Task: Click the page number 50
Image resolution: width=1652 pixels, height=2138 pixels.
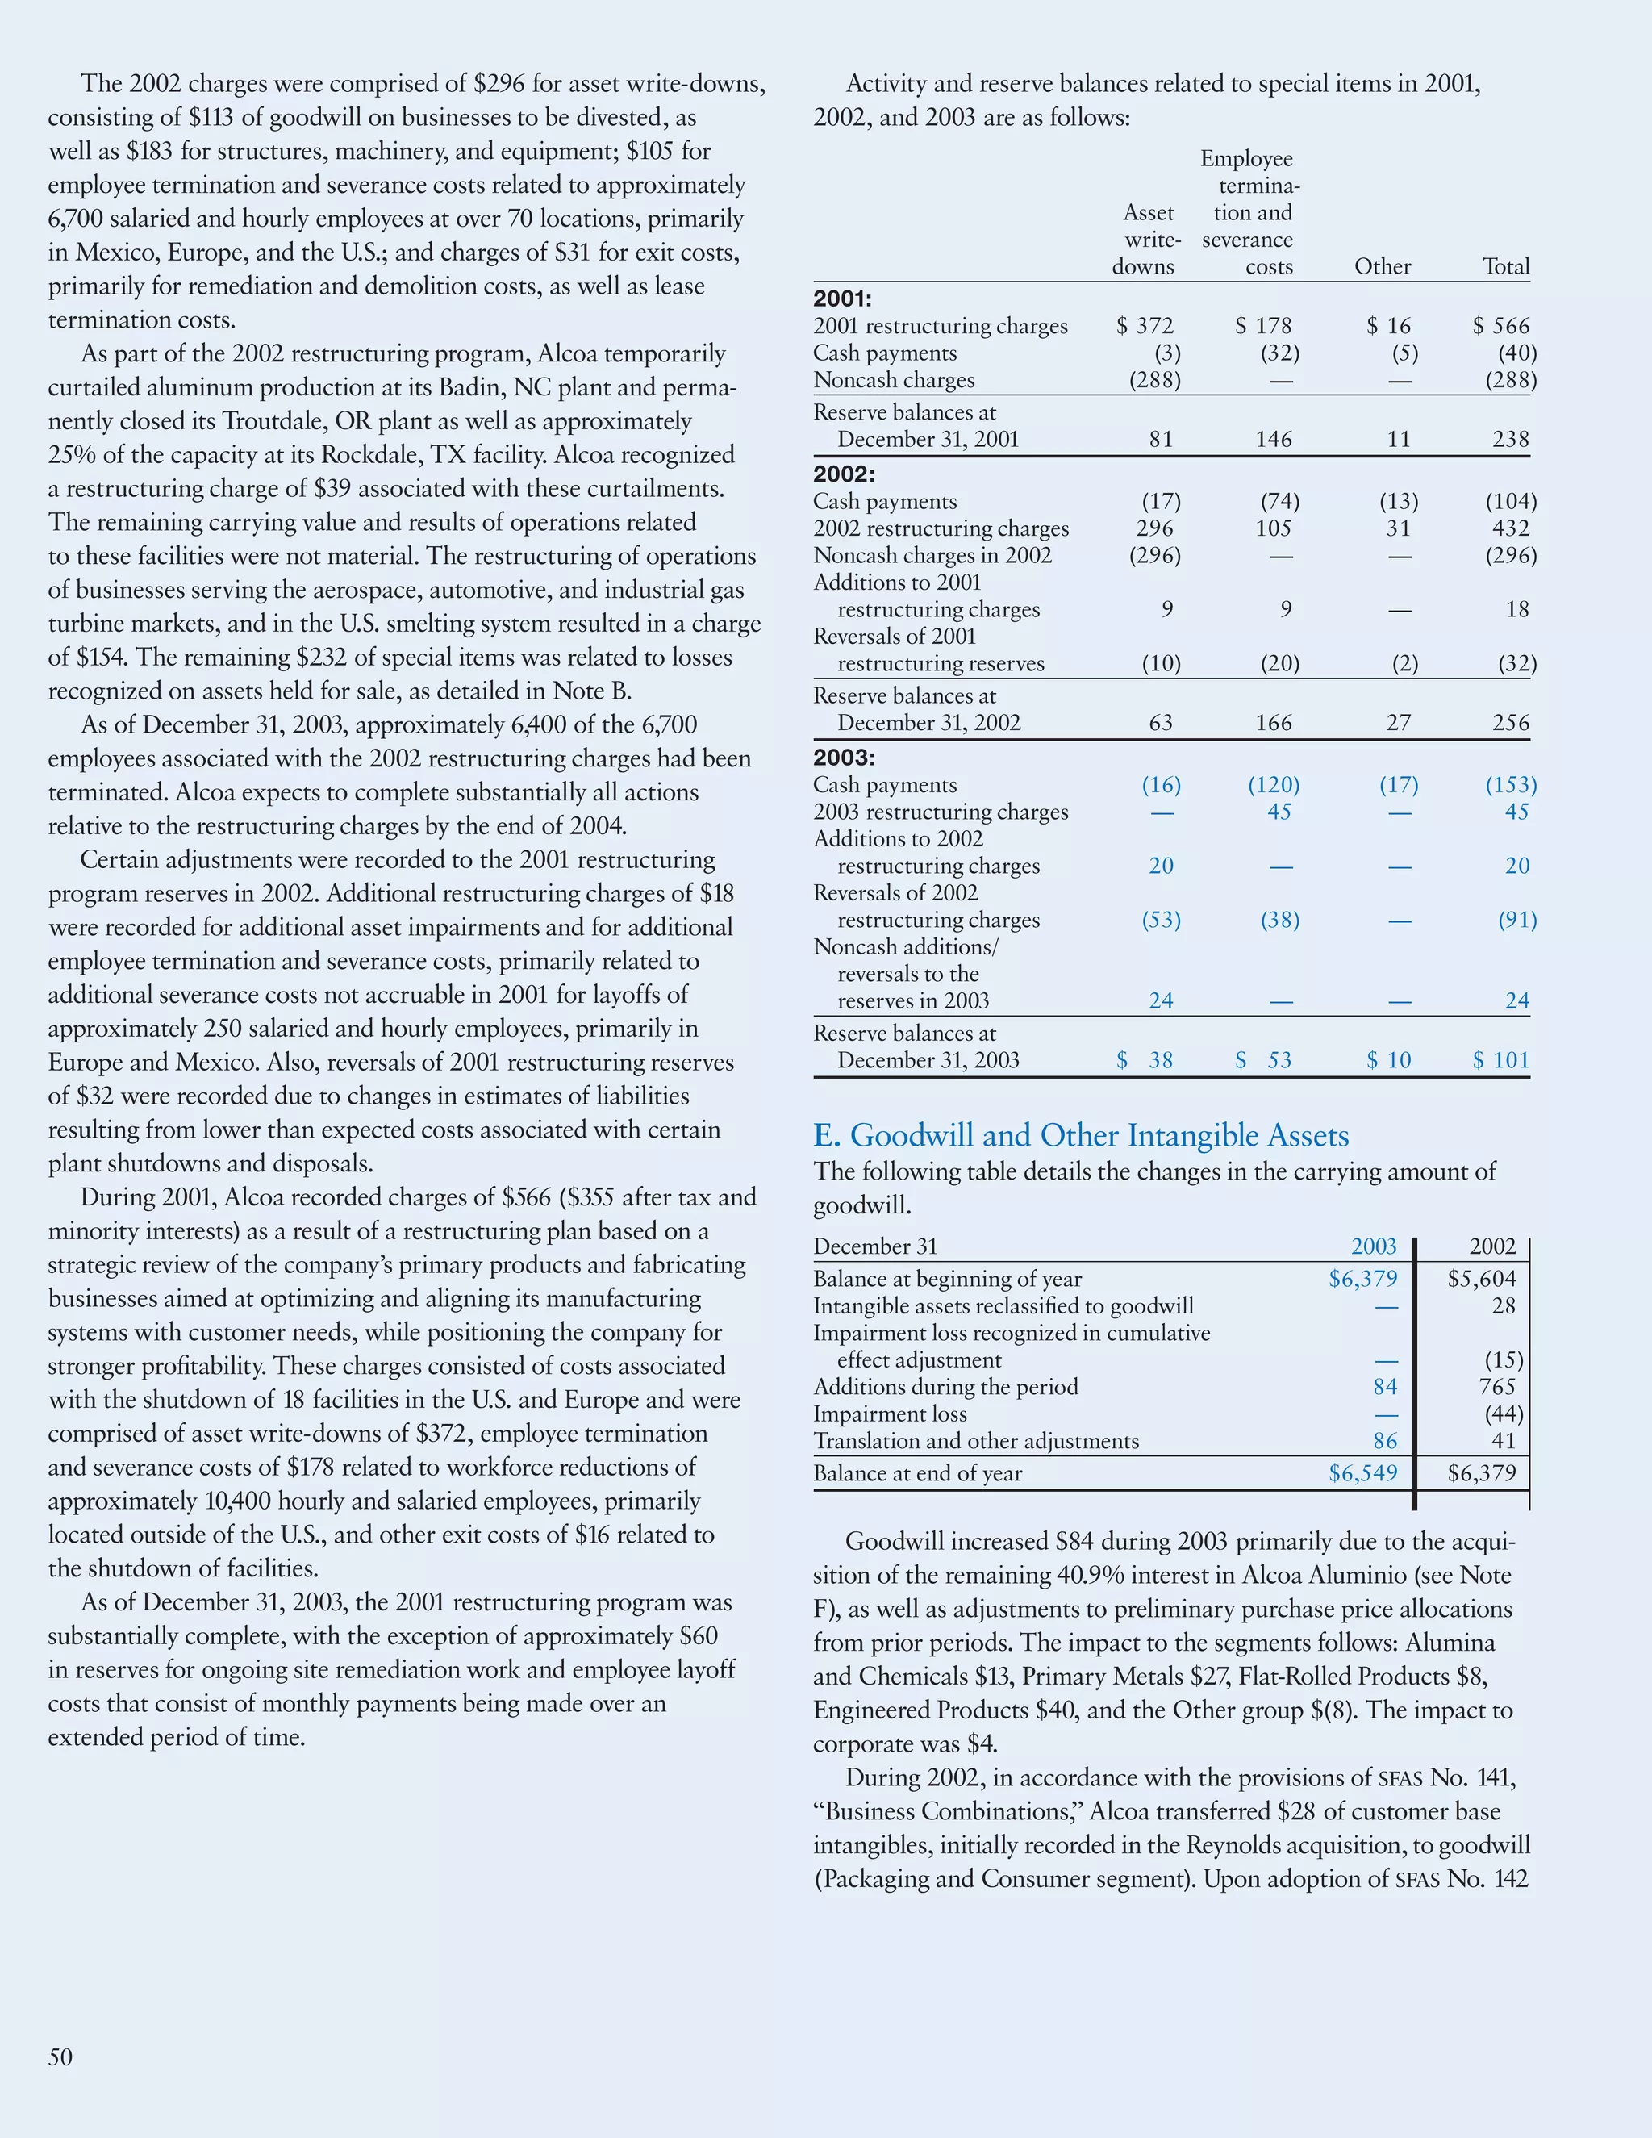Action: tap(60, 2057)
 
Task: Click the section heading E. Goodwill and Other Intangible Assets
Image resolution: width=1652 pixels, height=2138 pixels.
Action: tap(1080, 1136)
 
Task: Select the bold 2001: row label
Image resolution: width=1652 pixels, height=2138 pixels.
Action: tap(843, 299)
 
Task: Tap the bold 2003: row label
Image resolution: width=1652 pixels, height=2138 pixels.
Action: tap(844, 758)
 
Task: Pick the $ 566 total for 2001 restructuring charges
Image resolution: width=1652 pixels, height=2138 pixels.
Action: tap(1501, 326)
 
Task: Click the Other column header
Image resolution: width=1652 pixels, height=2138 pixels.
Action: tap(1382, 266)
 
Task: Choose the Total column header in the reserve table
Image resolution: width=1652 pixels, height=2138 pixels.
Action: tap(1505, 266)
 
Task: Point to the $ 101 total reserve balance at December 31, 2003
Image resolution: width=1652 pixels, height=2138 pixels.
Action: tap(1501, 1060)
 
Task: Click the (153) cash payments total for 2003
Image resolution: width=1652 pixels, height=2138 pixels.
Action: tap(1511, 785)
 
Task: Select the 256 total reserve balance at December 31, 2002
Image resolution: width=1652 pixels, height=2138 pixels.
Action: tap(1510, 724)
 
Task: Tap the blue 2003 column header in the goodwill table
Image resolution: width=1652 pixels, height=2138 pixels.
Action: tap(1373, 1246)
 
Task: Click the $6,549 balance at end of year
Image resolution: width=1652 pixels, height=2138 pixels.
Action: tap(1362, 1473)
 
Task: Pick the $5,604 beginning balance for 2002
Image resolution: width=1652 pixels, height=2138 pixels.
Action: tap(1482, 1279)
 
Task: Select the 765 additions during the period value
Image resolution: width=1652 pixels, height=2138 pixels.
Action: tap(1497, 1387)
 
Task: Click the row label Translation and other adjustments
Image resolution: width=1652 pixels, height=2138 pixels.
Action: tap(976, 1441)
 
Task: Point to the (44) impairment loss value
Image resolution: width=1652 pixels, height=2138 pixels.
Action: tap(1504, 1414)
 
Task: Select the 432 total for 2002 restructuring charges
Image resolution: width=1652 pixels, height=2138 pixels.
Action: tap(1510, 528)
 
